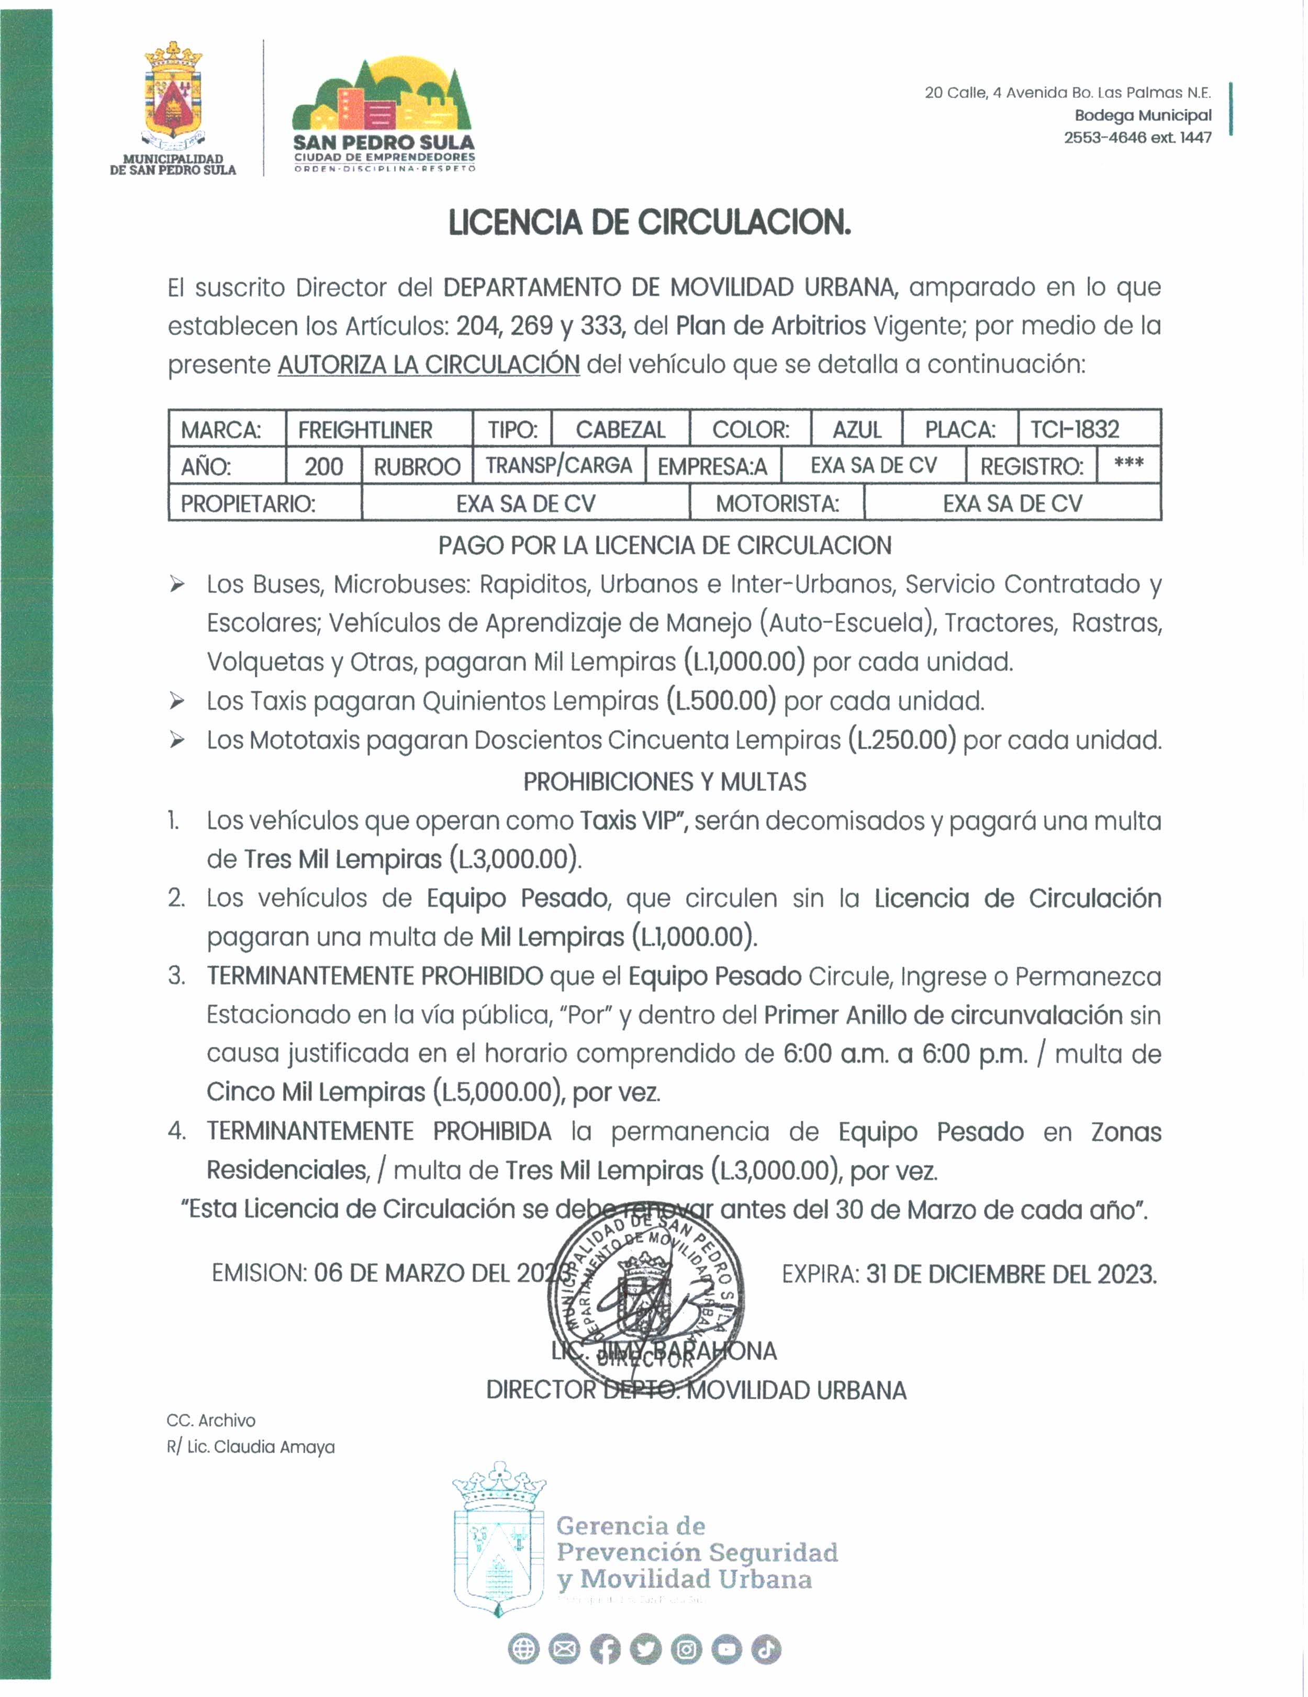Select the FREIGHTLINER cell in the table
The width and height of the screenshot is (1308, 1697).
pos(365,430)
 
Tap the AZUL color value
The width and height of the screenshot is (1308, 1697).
pos(856,430)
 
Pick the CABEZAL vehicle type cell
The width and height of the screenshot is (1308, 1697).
pos(620,430)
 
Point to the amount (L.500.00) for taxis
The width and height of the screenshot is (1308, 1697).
pos(721,701)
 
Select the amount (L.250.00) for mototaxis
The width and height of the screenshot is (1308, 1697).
pos(901,740)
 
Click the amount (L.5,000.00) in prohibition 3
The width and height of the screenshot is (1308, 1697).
pos(499,1092)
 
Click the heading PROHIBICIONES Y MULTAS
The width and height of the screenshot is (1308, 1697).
pos(665,781)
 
